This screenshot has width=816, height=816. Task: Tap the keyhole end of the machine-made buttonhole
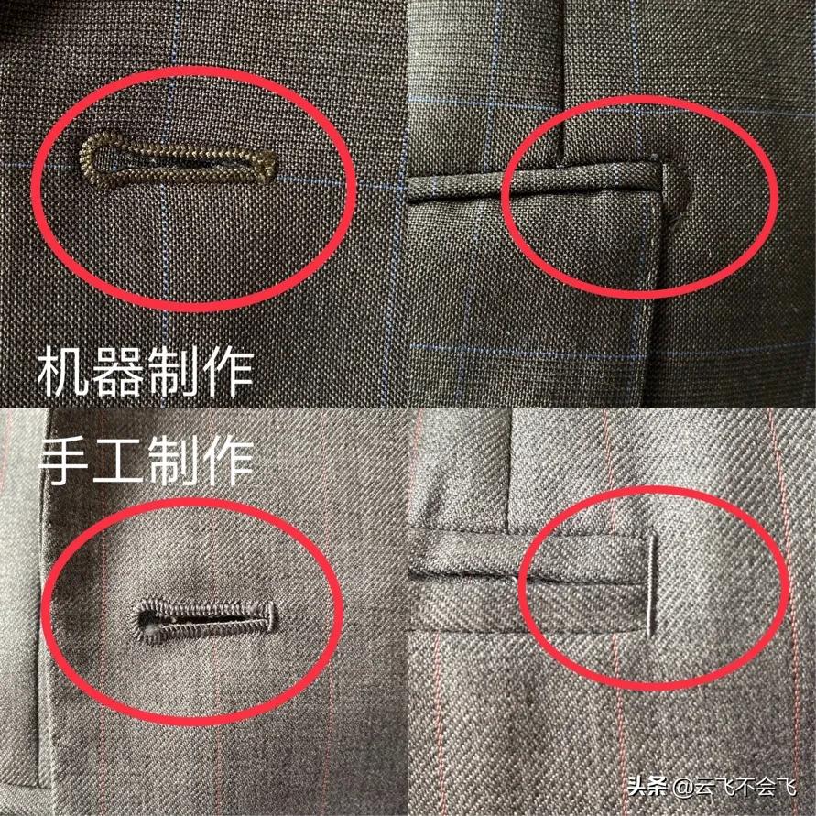click(x=98, y=157)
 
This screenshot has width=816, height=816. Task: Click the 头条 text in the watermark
click(x=647, y=786)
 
